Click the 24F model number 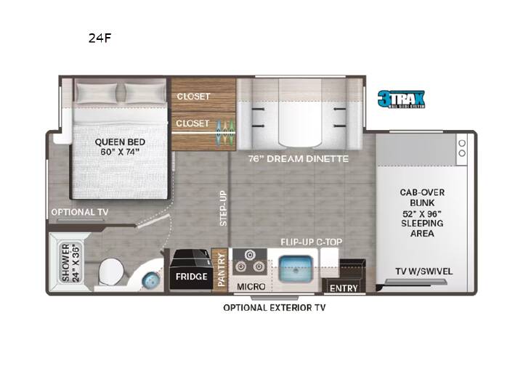pyautogui.click(x=100, y=38)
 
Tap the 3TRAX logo pyautogui.click(x=401, y=99)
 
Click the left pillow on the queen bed pyautogui.click(x=97, y=92)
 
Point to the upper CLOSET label pyautogui.click(x=193, y=97)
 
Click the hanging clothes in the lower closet pyautogui.click(x=224, y=132)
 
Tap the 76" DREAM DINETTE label pyautogui.click(x=299, y=159)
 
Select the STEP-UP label pyautogui.click(x=223, y=208)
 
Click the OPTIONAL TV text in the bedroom pyautogui.click(x=80, y=212)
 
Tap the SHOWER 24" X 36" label pyautogui.click(x=70, y=263)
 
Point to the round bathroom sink pyautogui.click(x=150, y=279)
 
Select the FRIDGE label pyautogui.click(x=192, y=277)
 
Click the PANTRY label pyautogui.click(x=221, y=269)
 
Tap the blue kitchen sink pyautogui.click(x=296, y=269)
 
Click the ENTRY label pyautogui.click(x=344, y=288)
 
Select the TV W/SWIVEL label pyautogui.click(x=424, y=271)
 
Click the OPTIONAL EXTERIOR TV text pyautogui.click(x=275, y=308)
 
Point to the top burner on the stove pyautogui.click(x=249, y=255)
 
